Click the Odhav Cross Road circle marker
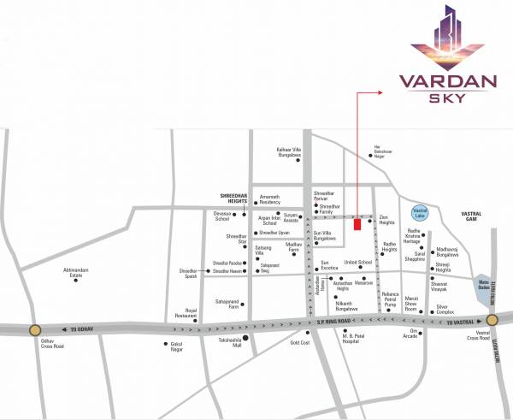(x=34, y=328)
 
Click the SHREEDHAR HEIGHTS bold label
(x=233, y=198)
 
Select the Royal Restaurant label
(x=186, y=314)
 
